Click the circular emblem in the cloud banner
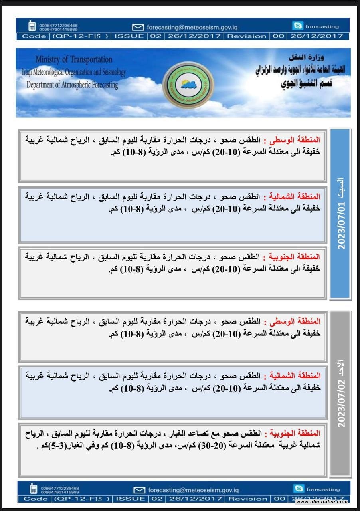pos(189,84)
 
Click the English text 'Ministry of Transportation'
pos(74,60)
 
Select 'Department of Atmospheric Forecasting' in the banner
pos(72,85)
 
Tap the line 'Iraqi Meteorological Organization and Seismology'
pos(74,72)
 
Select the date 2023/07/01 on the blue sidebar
pos(342,226)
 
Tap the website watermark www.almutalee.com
pos(322,502)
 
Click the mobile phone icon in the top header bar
pos(32,26)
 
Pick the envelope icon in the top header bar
pos(138,27)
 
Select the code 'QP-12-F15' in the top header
pos(80,36)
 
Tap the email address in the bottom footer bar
pos(193,490)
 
